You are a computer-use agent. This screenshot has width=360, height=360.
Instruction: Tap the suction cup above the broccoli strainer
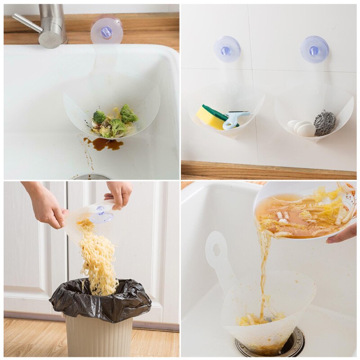107,31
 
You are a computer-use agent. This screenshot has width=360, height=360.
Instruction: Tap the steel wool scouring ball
324,123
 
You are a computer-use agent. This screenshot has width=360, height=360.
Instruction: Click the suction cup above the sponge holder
227,49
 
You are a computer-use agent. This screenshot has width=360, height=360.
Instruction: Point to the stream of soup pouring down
264,270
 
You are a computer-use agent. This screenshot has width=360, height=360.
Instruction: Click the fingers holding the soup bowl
342,234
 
